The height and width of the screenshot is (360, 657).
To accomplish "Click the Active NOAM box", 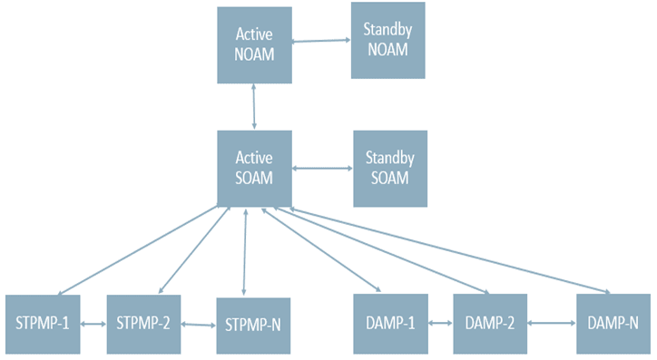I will coord(254,43).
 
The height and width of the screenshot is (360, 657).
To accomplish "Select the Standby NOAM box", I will coord(387,40).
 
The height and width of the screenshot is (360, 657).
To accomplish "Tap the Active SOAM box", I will coord(254,167).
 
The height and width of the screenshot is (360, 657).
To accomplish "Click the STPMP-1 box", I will coord(42,324).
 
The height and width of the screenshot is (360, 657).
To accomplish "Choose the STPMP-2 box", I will coord(143,324).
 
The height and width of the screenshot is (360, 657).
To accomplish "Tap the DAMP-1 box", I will coord(389,324).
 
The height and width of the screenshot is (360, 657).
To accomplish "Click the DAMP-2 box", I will coord(490,324).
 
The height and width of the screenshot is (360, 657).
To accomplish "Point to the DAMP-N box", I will coord(613,324).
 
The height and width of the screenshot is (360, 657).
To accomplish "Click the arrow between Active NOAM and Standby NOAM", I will coord(321,41).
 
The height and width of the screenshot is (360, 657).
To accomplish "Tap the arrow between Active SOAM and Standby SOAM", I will coord(322,168).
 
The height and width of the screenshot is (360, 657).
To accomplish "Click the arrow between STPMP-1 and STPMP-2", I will coord(93,324).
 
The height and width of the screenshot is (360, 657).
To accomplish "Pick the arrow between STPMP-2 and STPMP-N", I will coord(198,325).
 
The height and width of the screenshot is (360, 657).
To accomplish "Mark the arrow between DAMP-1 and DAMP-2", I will coord(440,324).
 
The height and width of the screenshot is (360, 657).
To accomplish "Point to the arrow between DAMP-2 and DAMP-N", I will coord(551,324).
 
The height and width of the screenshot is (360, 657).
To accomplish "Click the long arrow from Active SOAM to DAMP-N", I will coord(454,250).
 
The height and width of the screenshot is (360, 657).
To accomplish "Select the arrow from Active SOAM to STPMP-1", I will coord(136,251).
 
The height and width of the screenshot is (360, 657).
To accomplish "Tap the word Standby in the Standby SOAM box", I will coord(389,159).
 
